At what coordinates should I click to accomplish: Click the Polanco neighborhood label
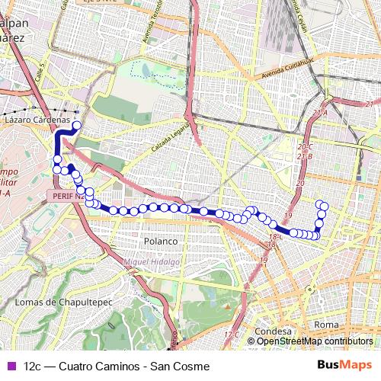tap(160, 242)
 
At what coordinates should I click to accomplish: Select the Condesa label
tap(274, 332)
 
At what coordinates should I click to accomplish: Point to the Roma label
tap(325, 325)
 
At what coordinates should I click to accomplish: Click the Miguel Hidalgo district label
tap(151, 262)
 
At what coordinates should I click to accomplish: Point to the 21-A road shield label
tap(319, 112)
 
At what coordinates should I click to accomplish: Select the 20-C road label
tap(306, 146)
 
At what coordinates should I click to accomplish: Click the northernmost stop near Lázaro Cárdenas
tap(76, 126)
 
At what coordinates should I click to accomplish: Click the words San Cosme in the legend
tap(182, 367)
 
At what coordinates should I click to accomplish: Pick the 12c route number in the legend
tap(33, 367)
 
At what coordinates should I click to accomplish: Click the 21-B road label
tap(305, 156)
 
